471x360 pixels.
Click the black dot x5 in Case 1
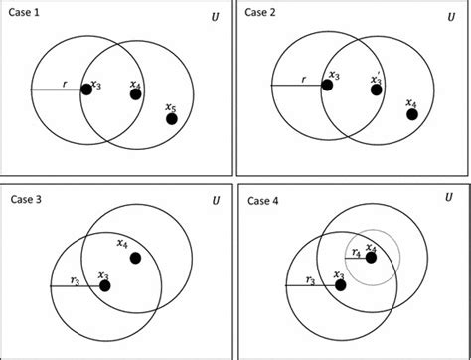tap(171, 119)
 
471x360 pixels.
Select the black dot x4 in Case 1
tap(136, 94)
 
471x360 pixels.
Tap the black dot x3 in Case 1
tap(86, 90)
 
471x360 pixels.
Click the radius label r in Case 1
tap(64, 84)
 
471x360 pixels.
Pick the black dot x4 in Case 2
tap(412, 114)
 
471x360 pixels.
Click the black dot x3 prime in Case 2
tap(377, 90)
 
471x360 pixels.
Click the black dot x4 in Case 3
tap(135, 258)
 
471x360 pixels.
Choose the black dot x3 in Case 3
tap(104, 286)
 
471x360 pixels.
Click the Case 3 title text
tap(29, 198)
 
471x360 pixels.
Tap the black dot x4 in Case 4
tap(371, 258)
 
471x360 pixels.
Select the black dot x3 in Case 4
tap(340, 285)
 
